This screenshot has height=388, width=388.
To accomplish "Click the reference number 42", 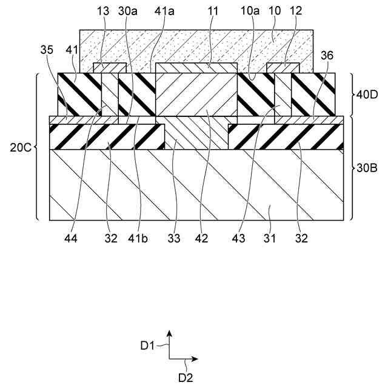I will (201, 238).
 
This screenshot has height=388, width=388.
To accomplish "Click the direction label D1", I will (147, 346).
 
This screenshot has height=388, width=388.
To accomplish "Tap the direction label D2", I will (186, 377).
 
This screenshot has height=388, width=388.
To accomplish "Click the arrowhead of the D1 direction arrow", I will (170, 333).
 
